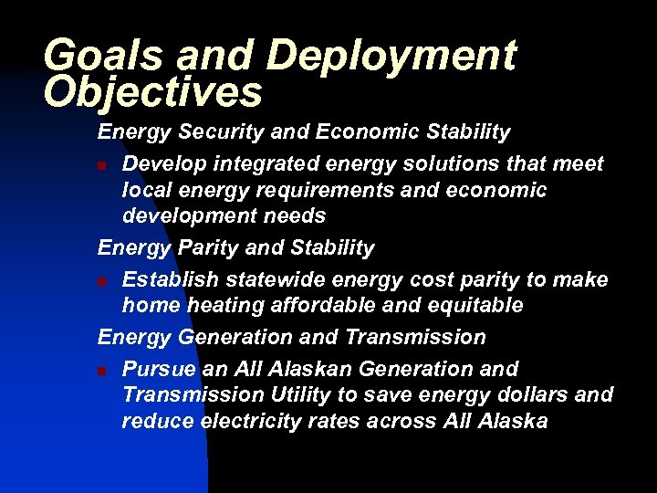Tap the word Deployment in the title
click(391, 57)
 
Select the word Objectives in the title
click(152, 91)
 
